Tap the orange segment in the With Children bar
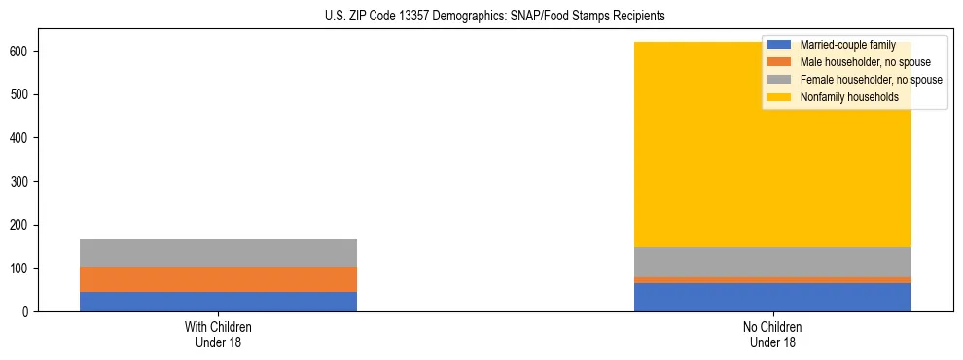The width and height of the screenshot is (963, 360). [x=218, y=279]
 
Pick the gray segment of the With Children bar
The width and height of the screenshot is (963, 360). [x=218, y=253]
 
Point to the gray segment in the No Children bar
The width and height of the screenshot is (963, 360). [x=772, y=262]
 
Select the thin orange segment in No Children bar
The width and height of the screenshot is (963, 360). [x=772, y=280]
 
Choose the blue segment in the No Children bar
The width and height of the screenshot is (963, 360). [x=772, y=297]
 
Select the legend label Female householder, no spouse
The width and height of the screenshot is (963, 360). [x=871, y=80]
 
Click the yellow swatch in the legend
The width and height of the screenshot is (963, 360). [x=779, y=97]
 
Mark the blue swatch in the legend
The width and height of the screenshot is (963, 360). [x=779, y=45]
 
